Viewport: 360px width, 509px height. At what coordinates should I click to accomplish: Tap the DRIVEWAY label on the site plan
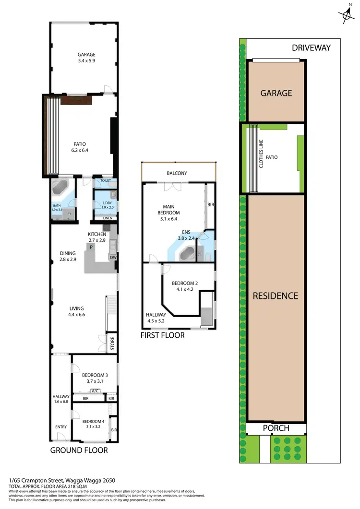(x=312, y=47)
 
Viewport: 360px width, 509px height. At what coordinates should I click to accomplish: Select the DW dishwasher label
(x=113, y=258)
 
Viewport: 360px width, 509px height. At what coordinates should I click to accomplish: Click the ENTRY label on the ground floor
(x=61, y=427)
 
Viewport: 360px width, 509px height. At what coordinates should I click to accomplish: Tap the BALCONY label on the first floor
(x=177, y=173)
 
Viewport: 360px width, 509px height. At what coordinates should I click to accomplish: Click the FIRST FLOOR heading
(x=162, y=335)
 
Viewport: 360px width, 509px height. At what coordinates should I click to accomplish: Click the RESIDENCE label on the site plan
(x=276, y=296)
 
